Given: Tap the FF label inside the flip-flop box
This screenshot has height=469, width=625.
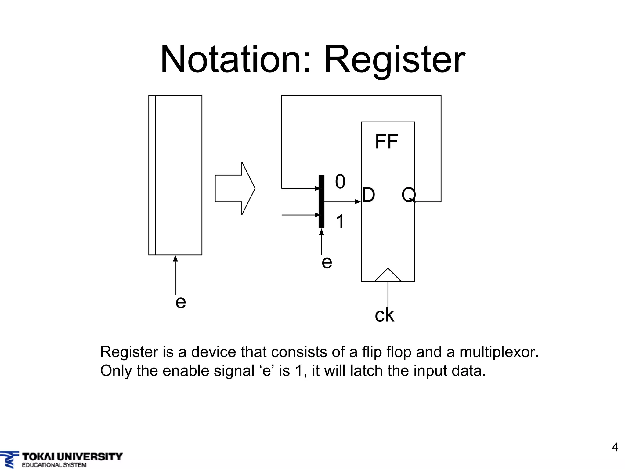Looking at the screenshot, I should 386,142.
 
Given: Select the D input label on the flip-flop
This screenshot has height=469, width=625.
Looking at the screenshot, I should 369,195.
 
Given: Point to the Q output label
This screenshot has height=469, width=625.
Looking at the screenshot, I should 408,195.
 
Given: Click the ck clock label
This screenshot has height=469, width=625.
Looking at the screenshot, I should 384,315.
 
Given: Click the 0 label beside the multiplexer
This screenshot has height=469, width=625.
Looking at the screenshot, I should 340,182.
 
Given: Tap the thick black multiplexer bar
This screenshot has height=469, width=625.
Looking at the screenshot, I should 321,202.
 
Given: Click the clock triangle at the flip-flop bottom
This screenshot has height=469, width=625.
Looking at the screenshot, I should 388,275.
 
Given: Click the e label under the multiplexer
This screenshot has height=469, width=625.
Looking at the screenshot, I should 327,262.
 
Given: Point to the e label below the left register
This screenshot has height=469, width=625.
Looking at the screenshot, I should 181,302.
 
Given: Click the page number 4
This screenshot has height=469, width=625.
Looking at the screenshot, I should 615,447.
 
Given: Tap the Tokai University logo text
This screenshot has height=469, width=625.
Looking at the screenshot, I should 72,457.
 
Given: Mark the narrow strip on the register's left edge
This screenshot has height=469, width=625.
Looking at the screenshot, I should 152,175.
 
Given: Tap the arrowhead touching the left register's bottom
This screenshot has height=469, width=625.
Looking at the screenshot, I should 175,258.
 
